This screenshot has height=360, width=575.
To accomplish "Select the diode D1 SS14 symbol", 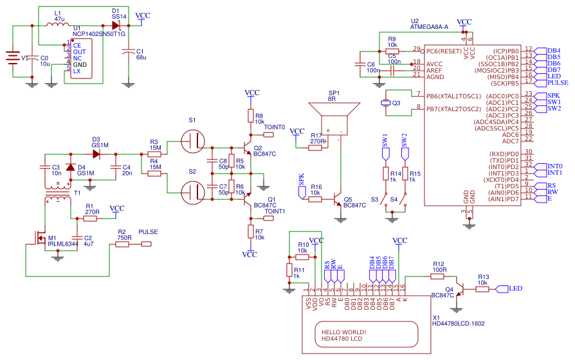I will [x=116, y=26].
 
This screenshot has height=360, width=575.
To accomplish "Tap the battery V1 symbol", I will [x=12, y=58].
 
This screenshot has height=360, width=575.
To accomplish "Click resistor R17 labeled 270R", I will [x=315, y=148].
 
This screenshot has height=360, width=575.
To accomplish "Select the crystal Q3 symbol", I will [x=386, y=103].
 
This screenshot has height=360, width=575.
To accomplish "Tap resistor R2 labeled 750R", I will [x=123, y=244].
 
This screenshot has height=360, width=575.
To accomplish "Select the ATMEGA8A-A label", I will [x=429, y=28].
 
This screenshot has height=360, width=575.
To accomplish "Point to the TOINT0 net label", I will [x=274, y=127].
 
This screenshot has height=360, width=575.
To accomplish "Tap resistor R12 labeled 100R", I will [x=439, y=276].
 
